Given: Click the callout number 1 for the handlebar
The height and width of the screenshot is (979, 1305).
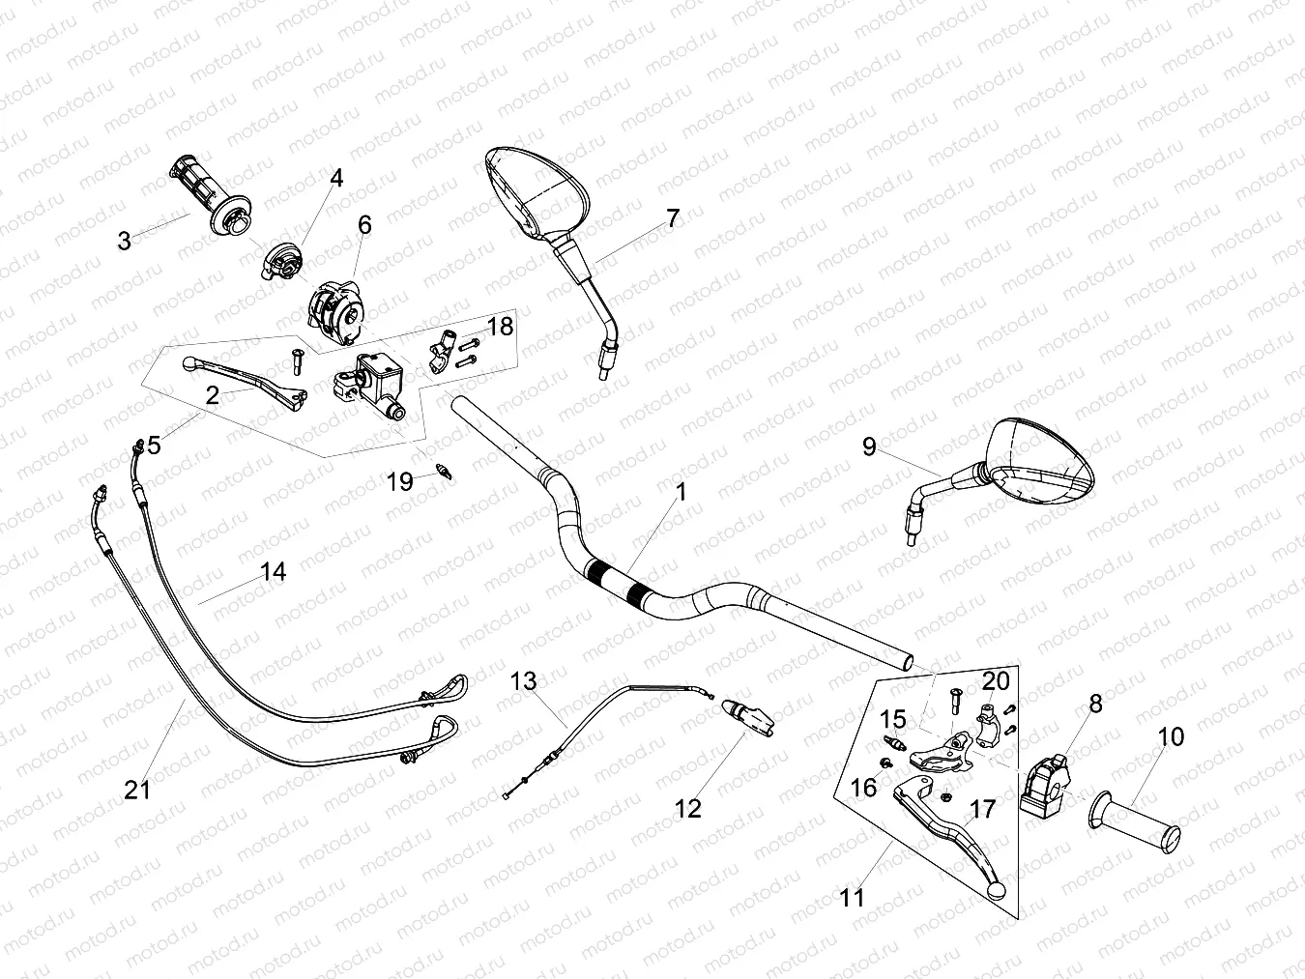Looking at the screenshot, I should (681, 493).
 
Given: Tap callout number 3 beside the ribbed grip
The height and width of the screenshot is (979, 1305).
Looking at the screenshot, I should (124, 241).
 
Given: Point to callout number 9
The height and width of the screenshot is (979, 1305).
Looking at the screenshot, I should (869, 446).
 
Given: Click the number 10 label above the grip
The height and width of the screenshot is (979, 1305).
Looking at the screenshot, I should (1170, 737).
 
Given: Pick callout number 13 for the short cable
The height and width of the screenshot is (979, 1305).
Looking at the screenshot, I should (523, 681).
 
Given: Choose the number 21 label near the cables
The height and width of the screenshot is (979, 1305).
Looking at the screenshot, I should (138, 790).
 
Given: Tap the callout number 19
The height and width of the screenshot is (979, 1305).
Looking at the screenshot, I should (400, 481).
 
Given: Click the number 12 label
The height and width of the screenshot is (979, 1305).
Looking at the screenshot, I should (687, 808).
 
